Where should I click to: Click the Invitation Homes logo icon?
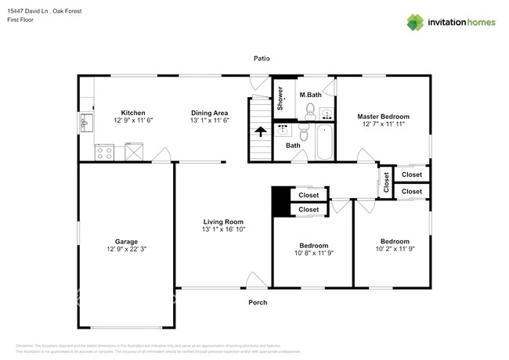pos(414,22)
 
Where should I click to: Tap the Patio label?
pos(261,58)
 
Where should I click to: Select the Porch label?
pos(258,302)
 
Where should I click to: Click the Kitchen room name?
pos(133,112)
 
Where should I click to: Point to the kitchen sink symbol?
pos(85,124)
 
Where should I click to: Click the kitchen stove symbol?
pos(104,152)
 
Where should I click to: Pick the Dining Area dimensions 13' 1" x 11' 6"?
pos(208,121)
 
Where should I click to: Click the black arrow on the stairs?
pos(259,131)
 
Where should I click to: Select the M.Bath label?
pos(310,95)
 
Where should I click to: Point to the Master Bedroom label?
pos(384,116)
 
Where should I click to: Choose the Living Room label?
pos(223,221)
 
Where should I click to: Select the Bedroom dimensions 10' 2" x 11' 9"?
pos(395,250)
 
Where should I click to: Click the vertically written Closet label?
pos(386,182)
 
